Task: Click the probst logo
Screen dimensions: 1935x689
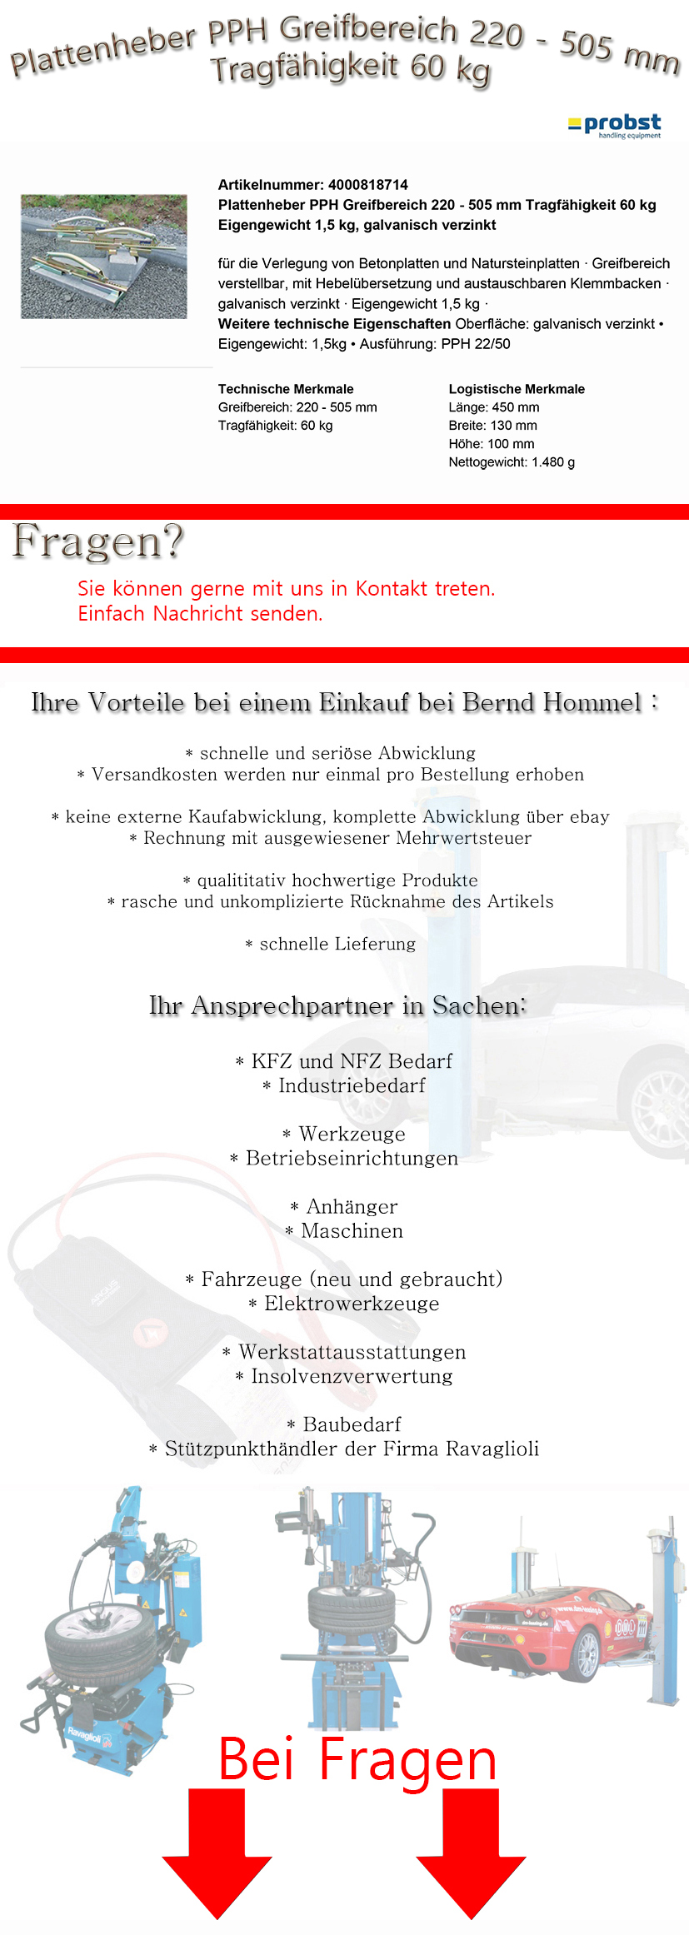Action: click(x=615, y=126)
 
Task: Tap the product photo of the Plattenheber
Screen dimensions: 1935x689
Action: click(x=103, y=257)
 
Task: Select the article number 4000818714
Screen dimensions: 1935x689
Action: click(x=367, y=185)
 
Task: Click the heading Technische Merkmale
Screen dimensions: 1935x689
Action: click(x=286, y=389)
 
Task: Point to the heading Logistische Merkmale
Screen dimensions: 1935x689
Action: click(x=517, y=389)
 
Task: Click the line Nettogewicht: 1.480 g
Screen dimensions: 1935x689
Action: click(x=512, y=462)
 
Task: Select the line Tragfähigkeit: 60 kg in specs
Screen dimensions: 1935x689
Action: click(x=275, y=426)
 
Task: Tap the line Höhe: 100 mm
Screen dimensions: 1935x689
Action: click(x=492, y=444)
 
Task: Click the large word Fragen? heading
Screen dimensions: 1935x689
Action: click(x=97, y=541)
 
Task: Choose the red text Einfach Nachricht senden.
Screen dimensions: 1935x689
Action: click(x=200, y=614)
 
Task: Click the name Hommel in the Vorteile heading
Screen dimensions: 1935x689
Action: click(x=593, y=702)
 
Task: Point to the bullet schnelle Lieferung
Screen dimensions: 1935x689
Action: click(x=337, y=944)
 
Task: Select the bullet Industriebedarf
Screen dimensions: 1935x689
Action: click(x=351, y=1085)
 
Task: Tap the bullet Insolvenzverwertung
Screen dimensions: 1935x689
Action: click(x=351, y=1376)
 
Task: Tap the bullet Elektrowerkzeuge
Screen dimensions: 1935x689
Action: click(x=351, y=1304)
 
